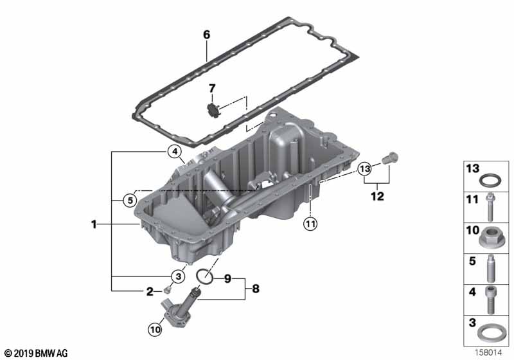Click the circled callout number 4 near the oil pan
point(175,152)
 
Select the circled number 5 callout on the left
point(130,200)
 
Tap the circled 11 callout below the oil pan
point(310,224)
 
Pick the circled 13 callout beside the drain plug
point(365,169)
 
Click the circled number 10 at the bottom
point(155,329)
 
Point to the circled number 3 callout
point(178,276)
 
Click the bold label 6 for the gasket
point(206,35)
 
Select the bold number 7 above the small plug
point(213,88)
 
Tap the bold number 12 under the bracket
point(377,196)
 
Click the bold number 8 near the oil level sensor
point(256,289)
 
